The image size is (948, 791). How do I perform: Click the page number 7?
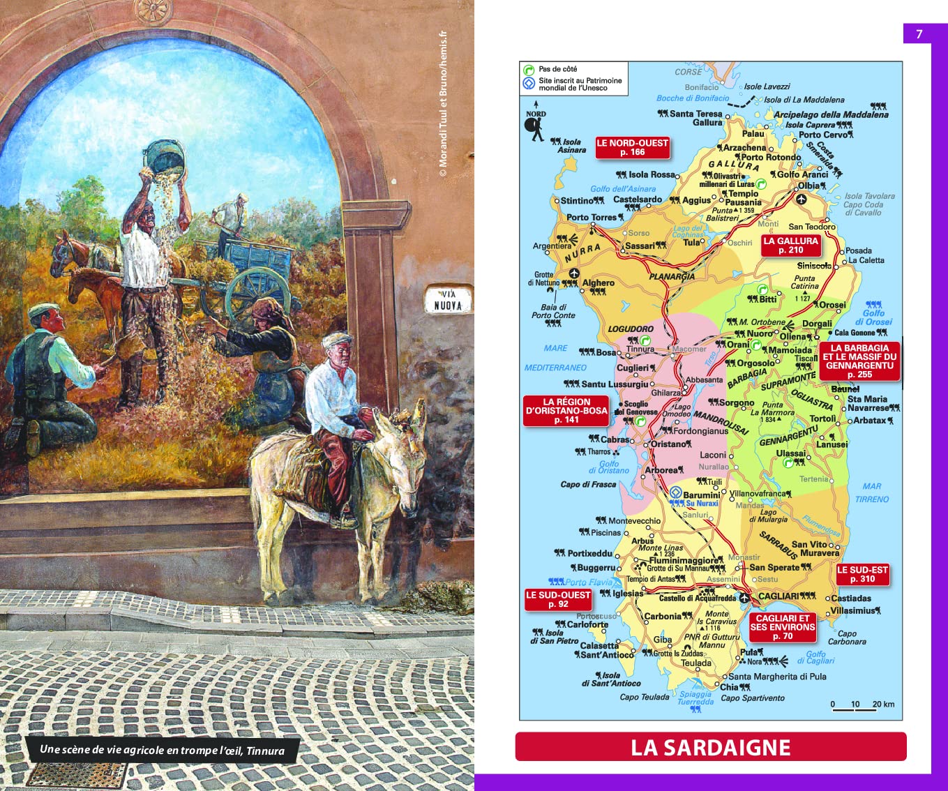[x=919, y=34]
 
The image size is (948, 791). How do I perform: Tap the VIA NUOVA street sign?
[x=448, y=300]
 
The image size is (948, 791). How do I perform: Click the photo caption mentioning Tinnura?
[x=162, y=750]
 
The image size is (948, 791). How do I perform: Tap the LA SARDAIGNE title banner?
[x=710, y=747]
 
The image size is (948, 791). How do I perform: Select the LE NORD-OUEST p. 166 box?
[x=632, y=147]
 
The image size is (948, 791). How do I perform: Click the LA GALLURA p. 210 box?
[x=790, y=245]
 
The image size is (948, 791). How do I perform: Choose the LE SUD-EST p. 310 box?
[x=862, y=574]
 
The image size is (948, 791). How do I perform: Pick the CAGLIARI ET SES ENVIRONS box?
[x=783, y=626]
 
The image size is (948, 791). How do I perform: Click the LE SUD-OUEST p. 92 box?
[x=558, y=599]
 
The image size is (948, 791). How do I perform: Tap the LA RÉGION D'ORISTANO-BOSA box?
[x=566, y=411]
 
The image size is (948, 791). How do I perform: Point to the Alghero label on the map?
[x=599, y=282]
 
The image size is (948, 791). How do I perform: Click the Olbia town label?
[x=808, y=186]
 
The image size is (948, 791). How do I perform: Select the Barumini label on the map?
[x=701, y=495]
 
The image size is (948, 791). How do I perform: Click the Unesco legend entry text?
[x=580, y=84]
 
